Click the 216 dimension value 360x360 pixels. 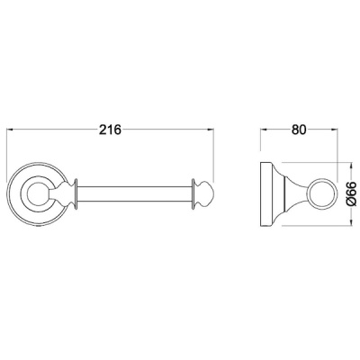110,130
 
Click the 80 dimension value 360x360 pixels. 299,130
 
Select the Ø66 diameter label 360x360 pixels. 351,193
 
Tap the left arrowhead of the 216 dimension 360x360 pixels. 10,130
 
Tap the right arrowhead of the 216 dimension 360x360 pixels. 210,130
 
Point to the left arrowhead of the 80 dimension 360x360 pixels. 263,130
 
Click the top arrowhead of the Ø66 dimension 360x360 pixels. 350,166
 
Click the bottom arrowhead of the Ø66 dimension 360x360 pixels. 350,222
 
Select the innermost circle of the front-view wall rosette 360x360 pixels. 27,193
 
